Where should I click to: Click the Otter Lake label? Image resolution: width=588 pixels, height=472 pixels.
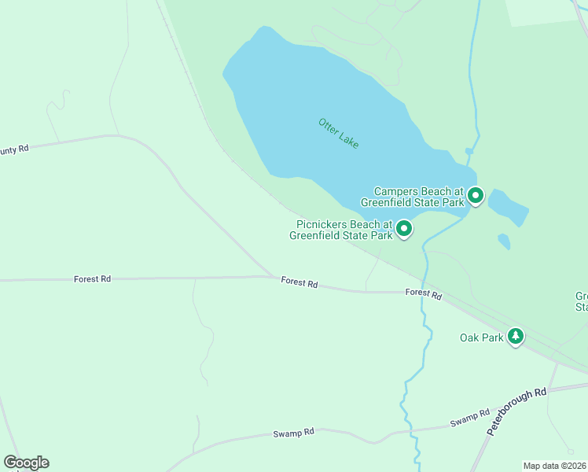339,134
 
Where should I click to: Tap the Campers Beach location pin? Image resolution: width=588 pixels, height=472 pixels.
475,195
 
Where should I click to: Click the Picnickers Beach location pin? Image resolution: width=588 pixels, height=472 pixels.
404,229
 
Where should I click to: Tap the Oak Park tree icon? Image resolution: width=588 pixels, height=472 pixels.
515,337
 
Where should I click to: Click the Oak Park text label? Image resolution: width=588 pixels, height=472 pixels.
481,338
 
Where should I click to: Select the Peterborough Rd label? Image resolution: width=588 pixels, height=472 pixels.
516,411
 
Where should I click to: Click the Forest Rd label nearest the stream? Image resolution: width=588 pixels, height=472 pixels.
424,294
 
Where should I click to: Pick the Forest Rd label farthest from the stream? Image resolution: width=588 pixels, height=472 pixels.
92,278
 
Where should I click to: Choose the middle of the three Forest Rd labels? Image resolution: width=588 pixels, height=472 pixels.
299,283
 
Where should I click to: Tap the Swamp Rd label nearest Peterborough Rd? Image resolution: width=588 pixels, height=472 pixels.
470,418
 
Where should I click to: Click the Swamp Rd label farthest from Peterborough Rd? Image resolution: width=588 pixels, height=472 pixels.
293,432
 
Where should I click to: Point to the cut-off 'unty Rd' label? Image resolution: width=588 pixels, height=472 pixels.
14,148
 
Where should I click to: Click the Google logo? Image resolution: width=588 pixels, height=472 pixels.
26,463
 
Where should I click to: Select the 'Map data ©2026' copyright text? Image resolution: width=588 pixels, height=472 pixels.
555,465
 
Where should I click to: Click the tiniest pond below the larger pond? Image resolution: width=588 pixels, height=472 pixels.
504,242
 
